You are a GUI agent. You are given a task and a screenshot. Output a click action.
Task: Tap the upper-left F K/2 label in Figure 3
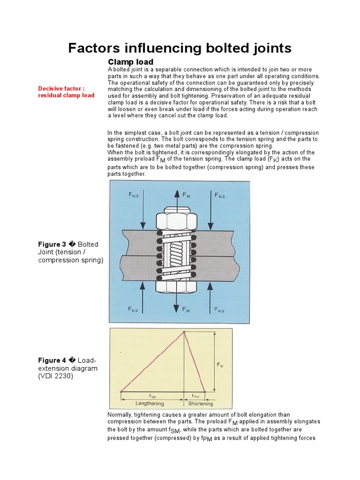[134, 195]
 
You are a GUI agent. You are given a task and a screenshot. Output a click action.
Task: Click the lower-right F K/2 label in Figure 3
[220, 309]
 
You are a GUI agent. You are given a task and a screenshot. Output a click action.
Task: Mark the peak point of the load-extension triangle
[184, 332]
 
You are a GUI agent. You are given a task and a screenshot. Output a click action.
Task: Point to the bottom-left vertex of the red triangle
[121, 391]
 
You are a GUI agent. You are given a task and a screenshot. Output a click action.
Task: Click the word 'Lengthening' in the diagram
[150, 403]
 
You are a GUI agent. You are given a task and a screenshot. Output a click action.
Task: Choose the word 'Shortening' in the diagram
[200, 403]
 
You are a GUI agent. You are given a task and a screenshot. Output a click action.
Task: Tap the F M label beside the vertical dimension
[220, 364]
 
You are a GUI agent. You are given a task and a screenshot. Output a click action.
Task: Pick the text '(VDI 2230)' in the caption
[56, 376]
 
